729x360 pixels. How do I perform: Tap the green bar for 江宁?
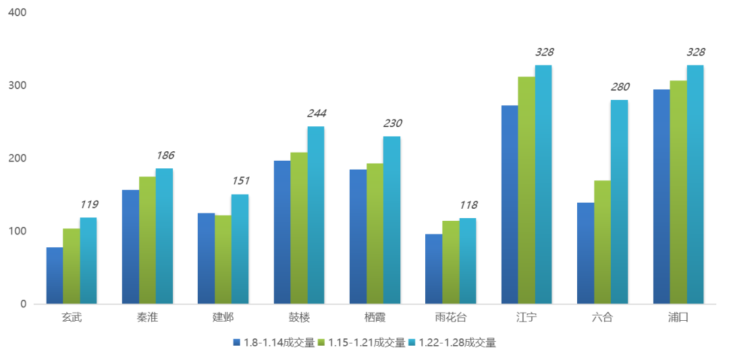click(x=526, y=190)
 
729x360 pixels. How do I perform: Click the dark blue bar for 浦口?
click(x=661, y=196)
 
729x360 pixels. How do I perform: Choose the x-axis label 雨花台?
click(x=450, y=317)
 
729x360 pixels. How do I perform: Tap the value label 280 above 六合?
click(x=619, y=87)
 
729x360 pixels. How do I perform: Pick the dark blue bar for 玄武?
click(x=54, y=276)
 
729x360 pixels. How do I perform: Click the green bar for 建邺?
click(x=223, y=259)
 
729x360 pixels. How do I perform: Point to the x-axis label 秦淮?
click(x=147, y=317)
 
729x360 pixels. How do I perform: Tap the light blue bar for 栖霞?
click(x=391, y=220)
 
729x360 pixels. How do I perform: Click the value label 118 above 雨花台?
click(x=468, y=205)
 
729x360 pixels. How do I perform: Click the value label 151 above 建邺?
click(x=240, y=182)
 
